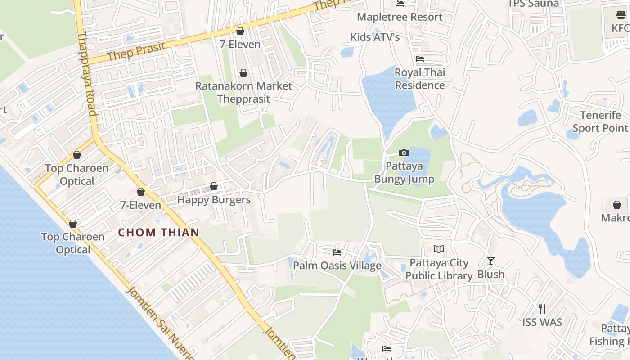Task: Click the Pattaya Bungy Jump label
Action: coord(404,173)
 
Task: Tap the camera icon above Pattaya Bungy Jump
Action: coord(404,153)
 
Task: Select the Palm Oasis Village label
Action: coord(337,266)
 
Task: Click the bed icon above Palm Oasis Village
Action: coord(337,252)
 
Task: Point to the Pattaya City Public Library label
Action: coord(439,269)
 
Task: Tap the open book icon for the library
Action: coord(439,249)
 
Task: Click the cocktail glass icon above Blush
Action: coord(491,261)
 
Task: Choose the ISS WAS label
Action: coord(542,322)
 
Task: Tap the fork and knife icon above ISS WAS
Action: coord(542,309)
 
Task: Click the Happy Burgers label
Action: coord(214,200)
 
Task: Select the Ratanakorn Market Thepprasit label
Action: coord(243,92)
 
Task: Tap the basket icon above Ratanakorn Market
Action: coord(243,73)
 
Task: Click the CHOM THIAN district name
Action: coord(158,232)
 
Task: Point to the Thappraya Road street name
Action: coord(88,74)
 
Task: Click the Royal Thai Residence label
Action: coord(420,79)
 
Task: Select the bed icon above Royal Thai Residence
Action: coord(420,59)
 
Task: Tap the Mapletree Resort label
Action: coord(400,17)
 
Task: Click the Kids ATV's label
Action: coord(375,37)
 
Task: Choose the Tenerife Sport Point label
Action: coord(600,121)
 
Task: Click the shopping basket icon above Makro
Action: coord(617,205)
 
